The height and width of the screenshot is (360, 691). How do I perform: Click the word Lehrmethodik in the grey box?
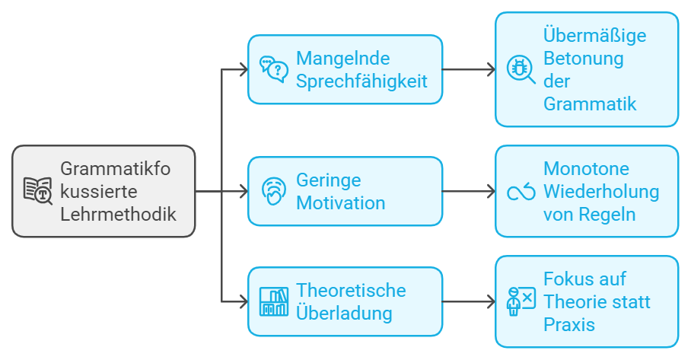(x=118, y=215)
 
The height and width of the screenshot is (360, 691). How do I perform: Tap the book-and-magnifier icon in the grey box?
(x=38, y=191)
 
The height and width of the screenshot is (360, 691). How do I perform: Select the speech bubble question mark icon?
(x=274, y=69)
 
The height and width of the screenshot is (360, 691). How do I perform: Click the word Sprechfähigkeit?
(x=361, y=81)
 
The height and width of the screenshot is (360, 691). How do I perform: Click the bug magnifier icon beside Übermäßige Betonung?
(x=521, y=69)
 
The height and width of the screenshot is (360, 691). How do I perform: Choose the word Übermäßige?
(x=594, y=35)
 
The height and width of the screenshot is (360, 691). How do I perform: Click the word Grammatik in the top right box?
(x=590, y=104)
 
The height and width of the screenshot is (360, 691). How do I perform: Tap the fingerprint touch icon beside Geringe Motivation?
(x=274, y=191)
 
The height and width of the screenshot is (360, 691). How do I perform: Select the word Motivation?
(x=340, y=203)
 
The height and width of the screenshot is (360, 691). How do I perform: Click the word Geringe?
(x=329, y=181)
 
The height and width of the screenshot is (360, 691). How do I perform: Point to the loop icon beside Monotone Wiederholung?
(x=521, y=192)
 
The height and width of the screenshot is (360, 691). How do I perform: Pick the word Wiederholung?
(x=600, y=192)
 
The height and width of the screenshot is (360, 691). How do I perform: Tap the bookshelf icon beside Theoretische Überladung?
(x=274, y=301)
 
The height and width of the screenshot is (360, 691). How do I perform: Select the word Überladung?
(x=344, y=313)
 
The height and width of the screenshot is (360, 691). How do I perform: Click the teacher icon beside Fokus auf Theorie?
(x=521, y=301)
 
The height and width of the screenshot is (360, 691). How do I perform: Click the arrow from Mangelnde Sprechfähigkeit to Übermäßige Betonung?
(x=468, y=69)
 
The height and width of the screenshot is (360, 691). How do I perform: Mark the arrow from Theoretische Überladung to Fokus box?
(x=468, y=302)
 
